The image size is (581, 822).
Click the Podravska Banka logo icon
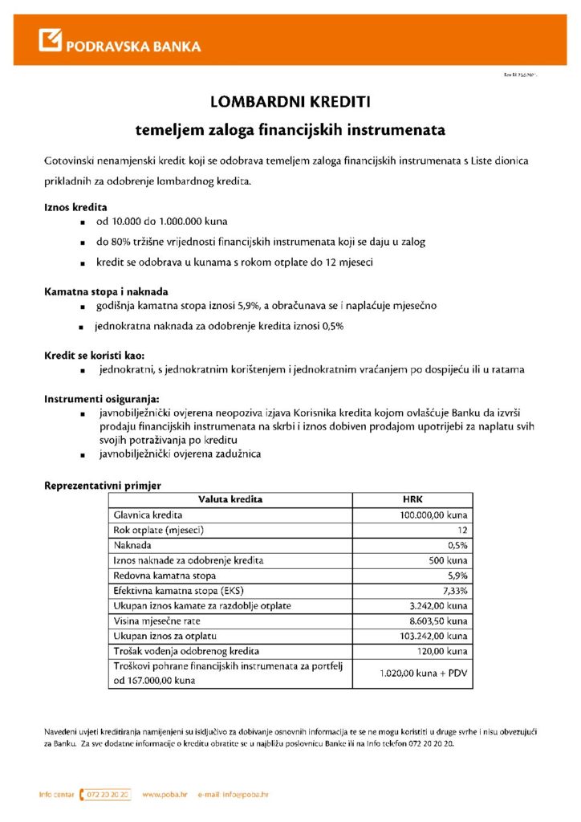[51, 40]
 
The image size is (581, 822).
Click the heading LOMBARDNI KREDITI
[290, 102]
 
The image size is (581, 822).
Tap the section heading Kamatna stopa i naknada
[106, 291]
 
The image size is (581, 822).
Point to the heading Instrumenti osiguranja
[101, 398]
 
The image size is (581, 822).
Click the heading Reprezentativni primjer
[102, 485]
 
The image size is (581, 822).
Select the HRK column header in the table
[412, 499]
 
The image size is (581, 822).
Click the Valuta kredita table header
[230, 499]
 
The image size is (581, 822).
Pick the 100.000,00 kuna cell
[433, 515]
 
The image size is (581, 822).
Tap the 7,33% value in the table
[455, 590]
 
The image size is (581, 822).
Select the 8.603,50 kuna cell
[438, 621]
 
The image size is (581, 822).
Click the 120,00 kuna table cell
[444, 651]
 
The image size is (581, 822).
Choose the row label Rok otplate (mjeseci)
[159, 530]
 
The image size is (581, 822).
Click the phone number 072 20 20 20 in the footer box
[107, 795]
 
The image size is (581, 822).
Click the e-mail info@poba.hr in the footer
[233, 795]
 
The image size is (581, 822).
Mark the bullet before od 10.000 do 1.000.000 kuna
[83, 221]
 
